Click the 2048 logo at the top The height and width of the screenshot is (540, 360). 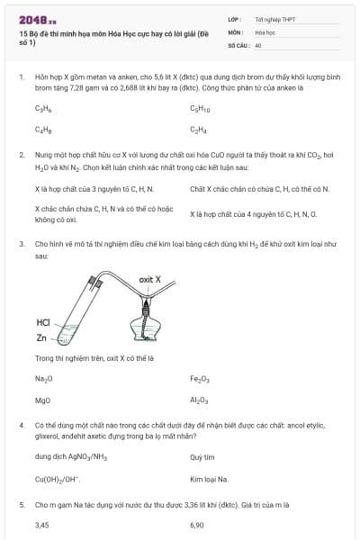(37, 18)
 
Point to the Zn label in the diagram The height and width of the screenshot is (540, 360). (41, 338)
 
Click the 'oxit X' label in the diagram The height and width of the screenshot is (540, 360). (149, 280)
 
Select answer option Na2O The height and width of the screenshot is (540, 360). (43, 379)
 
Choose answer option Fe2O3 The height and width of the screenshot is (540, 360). (200, 379)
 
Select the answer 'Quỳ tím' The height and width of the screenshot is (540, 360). (202, 457)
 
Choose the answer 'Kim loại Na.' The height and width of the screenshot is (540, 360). (209, 479)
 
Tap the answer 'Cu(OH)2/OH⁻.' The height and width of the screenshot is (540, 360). (58, 479)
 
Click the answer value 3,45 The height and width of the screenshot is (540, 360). (41, 524)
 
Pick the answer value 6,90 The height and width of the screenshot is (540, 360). (197, 524)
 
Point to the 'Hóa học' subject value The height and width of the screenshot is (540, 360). (265, 31)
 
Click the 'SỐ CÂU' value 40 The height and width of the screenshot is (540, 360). (258, 44)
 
